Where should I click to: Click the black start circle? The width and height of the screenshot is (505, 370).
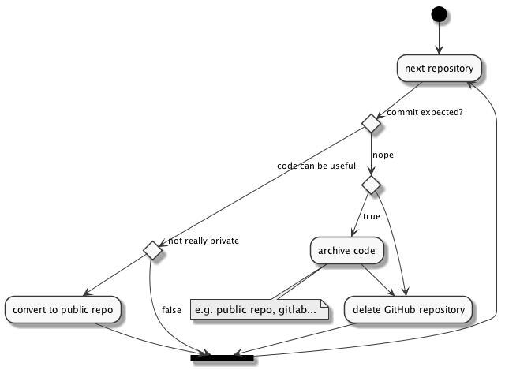click(439, 15)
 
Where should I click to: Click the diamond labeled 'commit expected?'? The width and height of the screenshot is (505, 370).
click(370, 122)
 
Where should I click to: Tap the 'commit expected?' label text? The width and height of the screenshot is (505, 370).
click(424, 112)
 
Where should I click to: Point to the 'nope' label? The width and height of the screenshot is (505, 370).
click(383, 155)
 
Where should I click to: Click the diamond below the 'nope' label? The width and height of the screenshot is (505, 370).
click(370, 185)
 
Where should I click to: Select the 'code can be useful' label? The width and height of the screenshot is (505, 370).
click(316, 166)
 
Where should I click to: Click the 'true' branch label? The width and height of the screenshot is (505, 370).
click(372, 216)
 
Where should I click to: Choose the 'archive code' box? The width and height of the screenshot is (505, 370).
click(348, 251)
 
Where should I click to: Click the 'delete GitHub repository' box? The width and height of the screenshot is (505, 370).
click(409, 308)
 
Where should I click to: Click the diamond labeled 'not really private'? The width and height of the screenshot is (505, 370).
click(151, 251)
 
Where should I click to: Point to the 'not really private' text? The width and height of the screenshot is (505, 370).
click(204, 241)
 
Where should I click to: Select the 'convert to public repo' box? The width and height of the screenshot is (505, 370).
click(63, 308)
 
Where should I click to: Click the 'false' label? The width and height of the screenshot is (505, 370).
click(171, 309)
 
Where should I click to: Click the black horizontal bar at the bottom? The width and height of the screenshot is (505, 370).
click(222, 357)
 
